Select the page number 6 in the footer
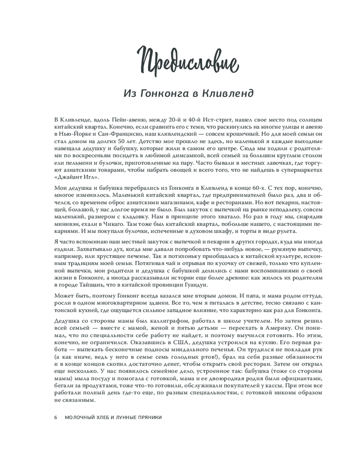pyautogui.click(x=56, y=417)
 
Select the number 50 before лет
pyautogui.click(x=114, y=142)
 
